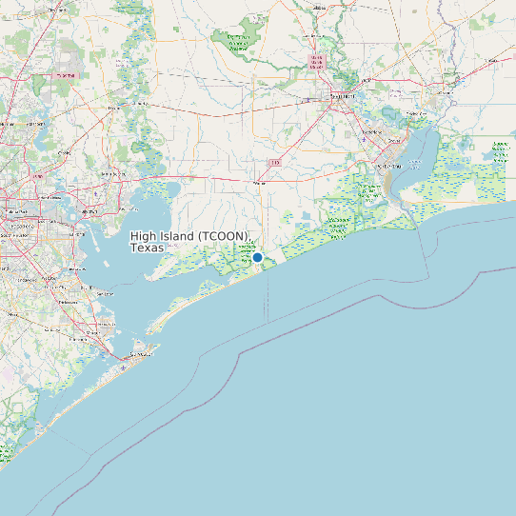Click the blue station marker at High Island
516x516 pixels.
pos(257,257)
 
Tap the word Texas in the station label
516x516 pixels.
pos(147,248)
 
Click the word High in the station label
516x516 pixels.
pos(145,235)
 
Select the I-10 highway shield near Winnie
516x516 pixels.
pos(275,163)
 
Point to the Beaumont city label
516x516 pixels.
pos(342,96)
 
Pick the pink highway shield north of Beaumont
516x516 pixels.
pos(316,62)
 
